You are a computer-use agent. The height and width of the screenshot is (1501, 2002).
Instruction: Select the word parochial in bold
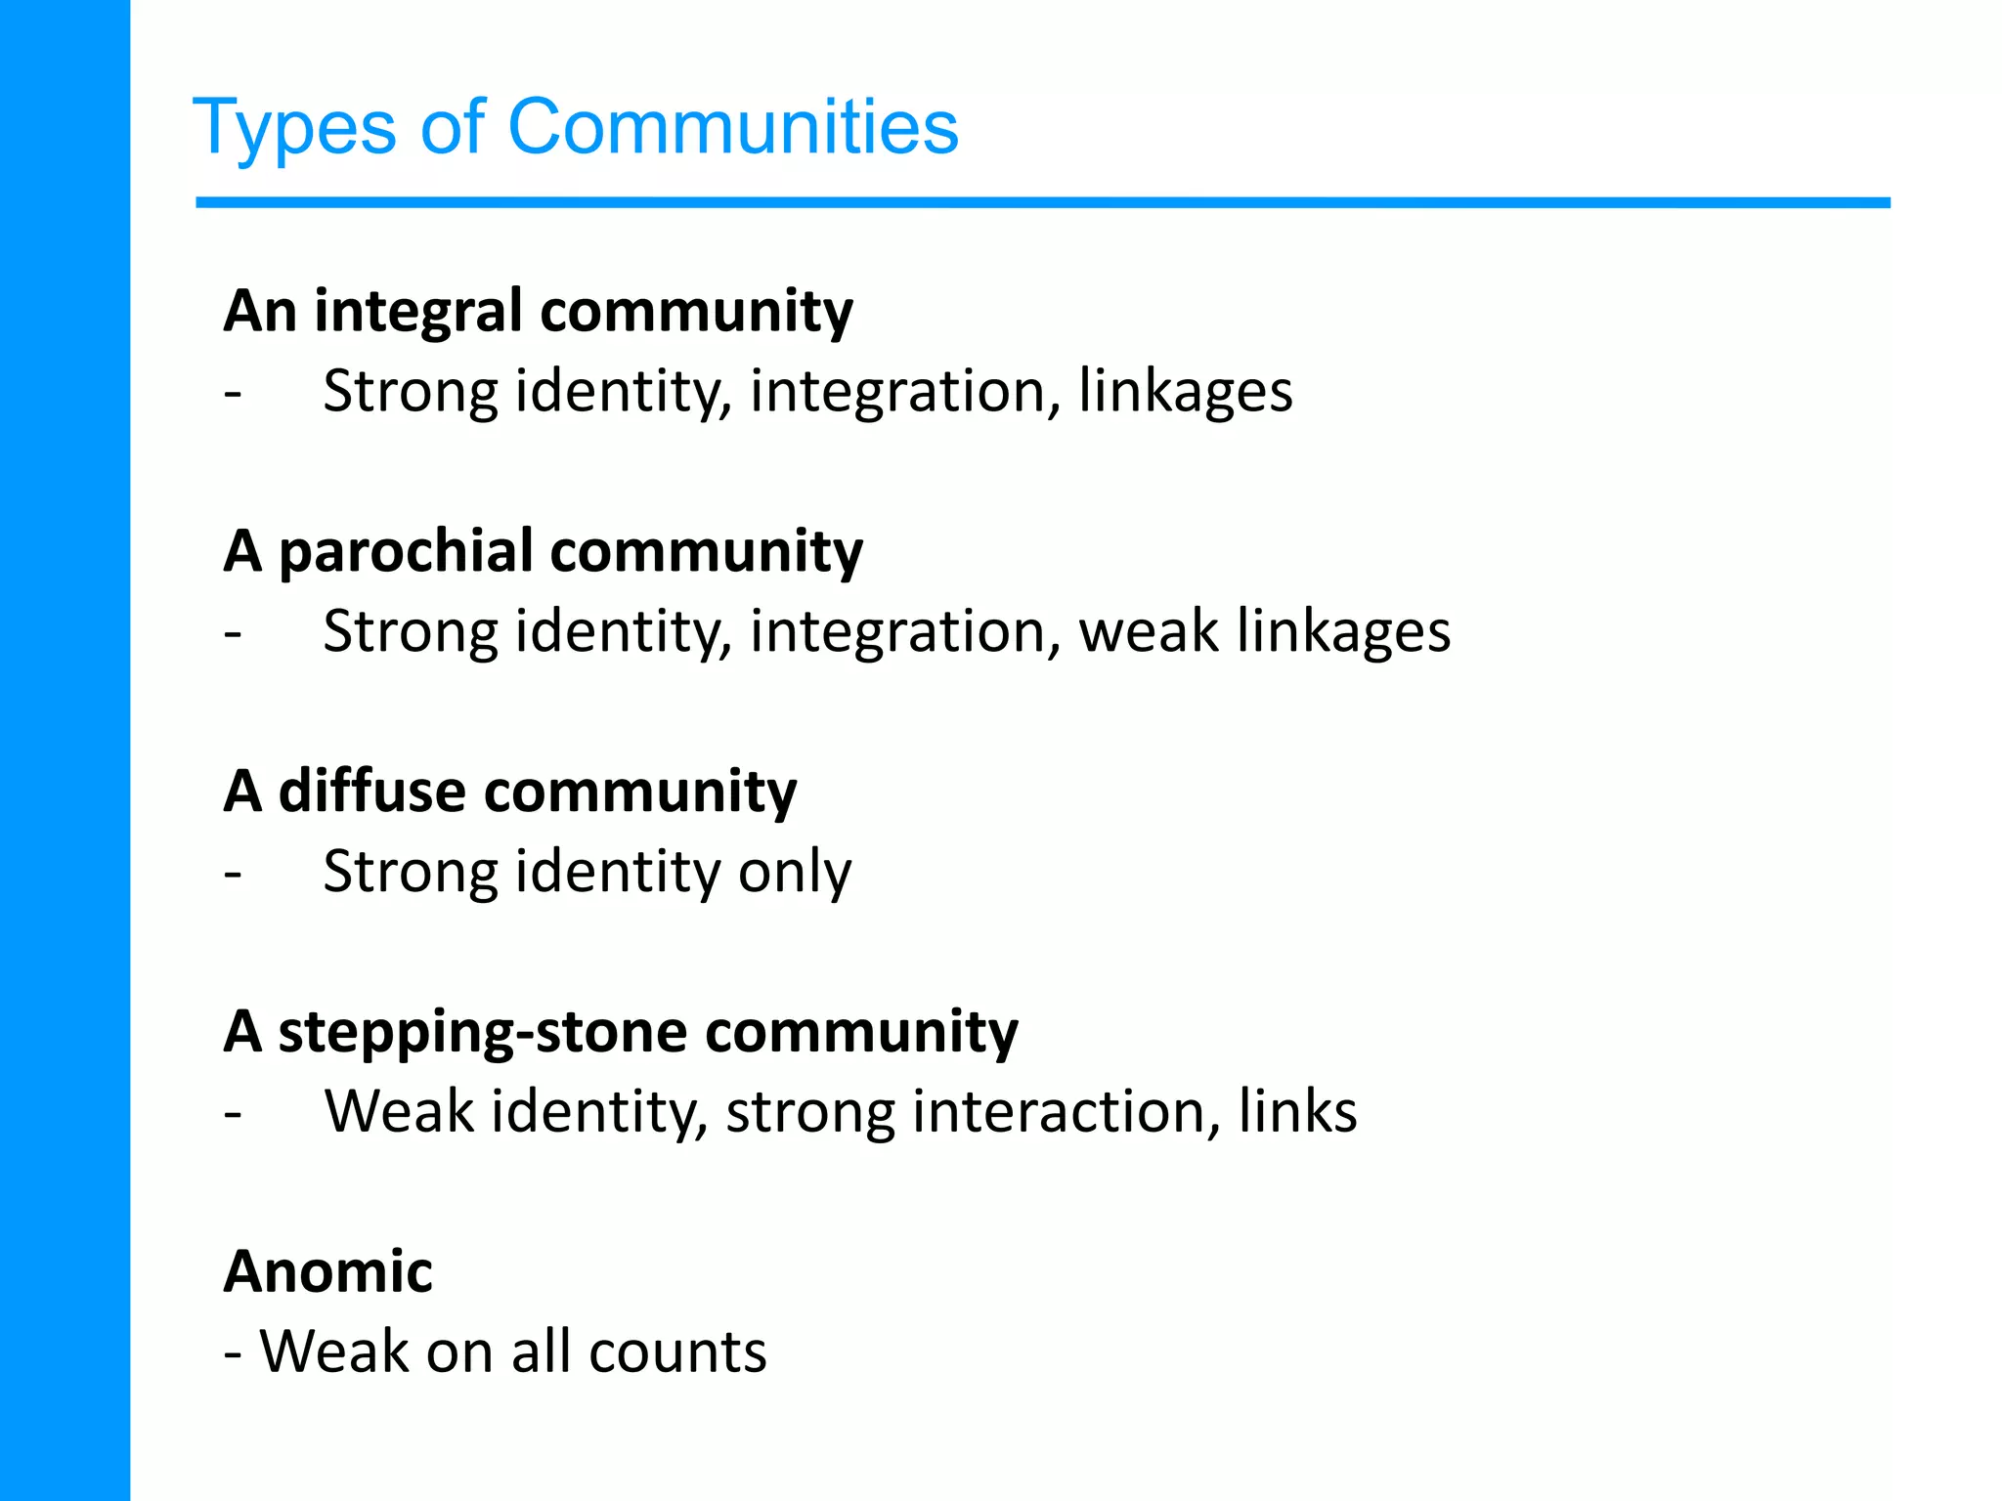406,552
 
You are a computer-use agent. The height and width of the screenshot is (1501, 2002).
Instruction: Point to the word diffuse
371,791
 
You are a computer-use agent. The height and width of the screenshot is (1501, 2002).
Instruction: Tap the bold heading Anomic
327,1271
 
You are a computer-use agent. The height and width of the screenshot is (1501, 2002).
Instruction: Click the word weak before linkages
1149,631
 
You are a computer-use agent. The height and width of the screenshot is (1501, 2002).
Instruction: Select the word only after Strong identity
794,872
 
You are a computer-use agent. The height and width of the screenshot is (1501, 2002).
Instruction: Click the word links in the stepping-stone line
1297,1112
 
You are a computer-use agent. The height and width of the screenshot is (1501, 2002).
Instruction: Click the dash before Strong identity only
233,872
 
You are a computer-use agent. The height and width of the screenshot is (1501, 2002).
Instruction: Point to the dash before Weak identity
233,1112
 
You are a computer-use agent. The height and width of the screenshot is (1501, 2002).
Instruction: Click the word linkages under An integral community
1185,392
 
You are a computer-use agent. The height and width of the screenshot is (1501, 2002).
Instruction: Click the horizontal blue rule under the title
1042,203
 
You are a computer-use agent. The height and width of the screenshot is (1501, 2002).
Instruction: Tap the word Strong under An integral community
411,392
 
